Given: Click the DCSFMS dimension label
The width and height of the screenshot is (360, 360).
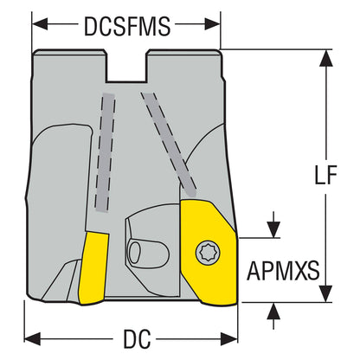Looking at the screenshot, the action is (x=127, y=26).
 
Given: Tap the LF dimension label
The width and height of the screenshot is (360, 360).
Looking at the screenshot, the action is (x=325, y=175).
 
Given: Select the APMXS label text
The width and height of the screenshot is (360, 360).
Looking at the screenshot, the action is (x=283, y=271).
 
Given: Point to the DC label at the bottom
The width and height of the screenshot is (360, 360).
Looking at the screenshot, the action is (x=137, y=338).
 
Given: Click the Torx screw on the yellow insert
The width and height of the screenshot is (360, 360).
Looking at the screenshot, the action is (x=208, y=254).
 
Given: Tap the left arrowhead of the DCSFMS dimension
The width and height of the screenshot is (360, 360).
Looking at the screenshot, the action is (x=40, y=24).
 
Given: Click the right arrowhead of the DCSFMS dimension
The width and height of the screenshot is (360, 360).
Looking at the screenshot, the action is (x=213, y=24).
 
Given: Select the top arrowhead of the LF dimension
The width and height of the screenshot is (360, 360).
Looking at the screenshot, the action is (x=326, y=58).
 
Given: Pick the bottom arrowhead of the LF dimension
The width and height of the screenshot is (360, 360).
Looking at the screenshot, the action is (x=326, y=293).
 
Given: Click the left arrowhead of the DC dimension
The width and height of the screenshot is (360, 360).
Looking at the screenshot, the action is (x=32, y=338).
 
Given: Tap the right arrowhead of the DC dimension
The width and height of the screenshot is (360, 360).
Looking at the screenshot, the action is (x=229, y=338).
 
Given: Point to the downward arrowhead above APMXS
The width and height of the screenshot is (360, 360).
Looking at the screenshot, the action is (x=273, y=229).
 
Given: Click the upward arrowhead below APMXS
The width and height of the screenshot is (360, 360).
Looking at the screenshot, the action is (x=273, y=312).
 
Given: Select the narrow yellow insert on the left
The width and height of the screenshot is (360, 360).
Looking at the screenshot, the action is (x=93, y=267).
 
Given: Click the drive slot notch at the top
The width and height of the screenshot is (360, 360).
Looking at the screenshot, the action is (x=127, y=67).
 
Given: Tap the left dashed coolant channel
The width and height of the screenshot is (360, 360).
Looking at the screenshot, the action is (x=105, y=153).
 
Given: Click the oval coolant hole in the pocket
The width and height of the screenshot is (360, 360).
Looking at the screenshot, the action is (x=134, y=253).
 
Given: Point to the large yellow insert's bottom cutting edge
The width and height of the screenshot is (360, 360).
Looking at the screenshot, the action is (x=220, y=303).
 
